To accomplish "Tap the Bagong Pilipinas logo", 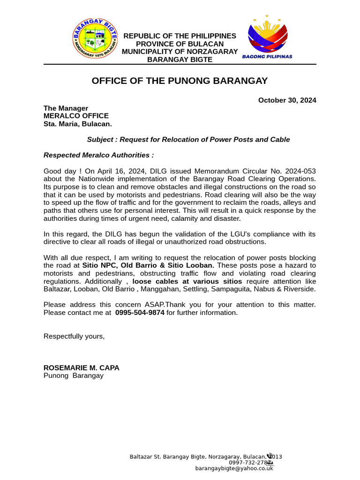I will pos(267,37).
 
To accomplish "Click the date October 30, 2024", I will pos(287,100).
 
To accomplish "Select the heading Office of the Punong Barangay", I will pos(180,81).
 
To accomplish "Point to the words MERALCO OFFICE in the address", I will pos(76,116).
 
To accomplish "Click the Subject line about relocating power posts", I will pos(188,140).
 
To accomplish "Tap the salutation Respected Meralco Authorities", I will pos(98,155).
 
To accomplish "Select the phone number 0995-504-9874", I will pos(140,313).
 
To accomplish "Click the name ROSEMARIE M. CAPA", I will pos(82,368).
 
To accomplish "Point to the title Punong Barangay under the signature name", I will pos(74,375).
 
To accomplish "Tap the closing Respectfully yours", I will pos(74,336).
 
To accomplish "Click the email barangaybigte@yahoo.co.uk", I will pos(234,468).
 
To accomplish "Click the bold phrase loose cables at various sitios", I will pos(187,281).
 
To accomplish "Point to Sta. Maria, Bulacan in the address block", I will pos(78,124).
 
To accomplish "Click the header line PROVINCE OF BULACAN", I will pos(180,44).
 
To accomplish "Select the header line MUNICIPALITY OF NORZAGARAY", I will pos(180,52).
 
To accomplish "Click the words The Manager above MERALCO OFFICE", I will pos(66,108).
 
